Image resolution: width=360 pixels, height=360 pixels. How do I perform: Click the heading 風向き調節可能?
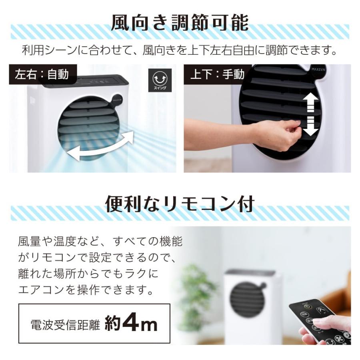point(180,23)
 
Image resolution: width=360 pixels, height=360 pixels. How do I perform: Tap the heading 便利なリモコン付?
point(180,204)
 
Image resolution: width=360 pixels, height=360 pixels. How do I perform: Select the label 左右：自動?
point(42,74)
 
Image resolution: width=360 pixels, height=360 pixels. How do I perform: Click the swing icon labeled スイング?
point(160,80)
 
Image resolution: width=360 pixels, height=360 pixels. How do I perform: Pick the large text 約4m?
point(131,324)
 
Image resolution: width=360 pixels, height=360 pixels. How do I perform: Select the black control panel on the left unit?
point(86,81)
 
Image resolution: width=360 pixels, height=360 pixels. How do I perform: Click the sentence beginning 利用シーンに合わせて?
point(180,51)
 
